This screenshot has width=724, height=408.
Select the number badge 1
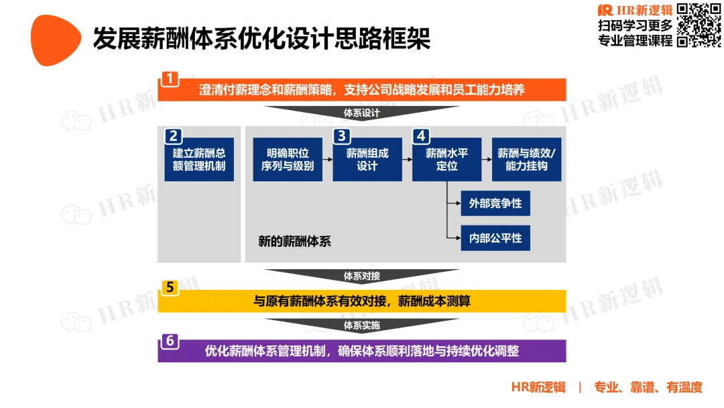[x=170, y=78]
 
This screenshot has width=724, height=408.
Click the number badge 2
[x=173, y=136]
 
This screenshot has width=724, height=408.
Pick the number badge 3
[x=341, y=136]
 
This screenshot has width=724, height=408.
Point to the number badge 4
[x=421, y=136]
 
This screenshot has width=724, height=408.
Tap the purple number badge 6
[x=170, y=341]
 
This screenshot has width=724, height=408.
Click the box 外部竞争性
[x=495, y=203]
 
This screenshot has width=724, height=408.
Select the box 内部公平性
[x=495, y=238]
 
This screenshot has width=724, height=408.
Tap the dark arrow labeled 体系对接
[x=361, y=276]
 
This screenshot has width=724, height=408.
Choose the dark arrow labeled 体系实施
[x=361, y=325]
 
